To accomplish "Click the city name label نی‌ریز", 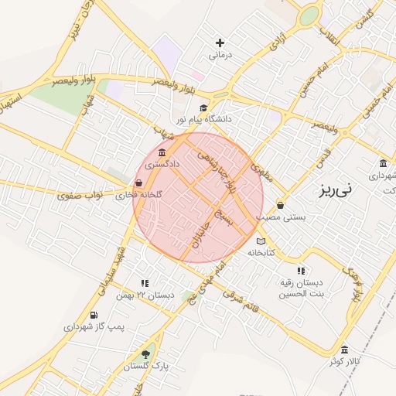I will (335, 188).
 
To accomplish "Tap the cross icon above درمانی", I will (220, 43).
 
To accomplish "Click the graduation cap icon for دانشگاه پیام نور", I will (203, 108).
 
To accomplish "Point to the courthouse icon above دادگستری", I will (162, 152).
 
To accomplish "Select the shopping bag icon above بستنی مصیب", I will (279, 206).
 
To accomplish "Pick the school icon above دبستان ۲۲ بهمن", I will (145, 284).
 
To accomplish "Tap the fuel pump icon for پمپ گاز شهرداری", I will (94, 315).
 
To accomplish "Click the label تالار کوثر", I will (344, 361).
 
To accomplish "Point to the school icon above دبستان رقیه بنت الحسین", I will (301, 271).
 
